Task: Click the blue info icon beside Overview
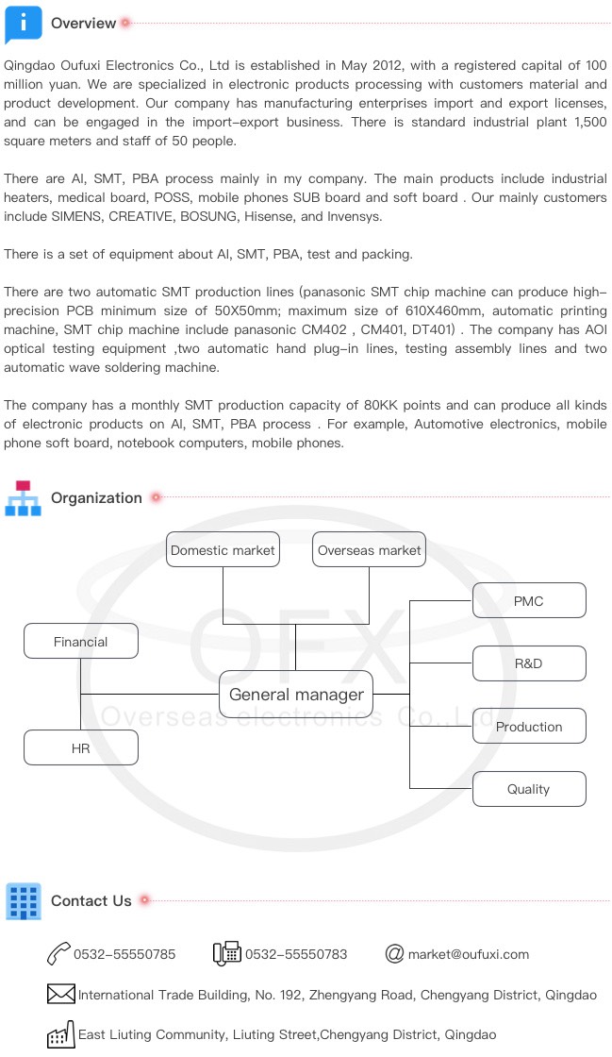coord(23,23)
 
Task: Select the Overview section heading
coord(83,24)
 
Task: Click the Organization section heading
coord(96,498)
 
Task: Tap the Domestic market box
coord(223,550)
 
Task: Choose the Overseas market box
coord(369,550)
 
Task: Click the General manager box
coord(296,695)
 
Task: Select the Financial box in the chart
coord(81,642)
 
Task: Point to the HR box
coord(81,748)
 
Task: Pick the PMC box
coord(528,601)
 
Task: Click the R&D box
coord(528,663)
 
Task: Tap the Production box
coord(528,727)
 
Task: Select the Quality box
coord(528,789)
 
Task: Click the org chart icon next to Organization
coord(23,498)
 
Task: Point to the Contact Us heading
coord(91,901)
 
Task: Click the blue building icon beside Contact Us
coord(23,901)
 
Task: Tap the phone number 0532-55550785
coord(124,954)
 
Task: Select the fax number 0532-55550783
coord(296,954)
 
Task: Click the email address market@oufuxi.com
coord(468,954)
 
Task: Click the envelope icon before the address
coord(60,994)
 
